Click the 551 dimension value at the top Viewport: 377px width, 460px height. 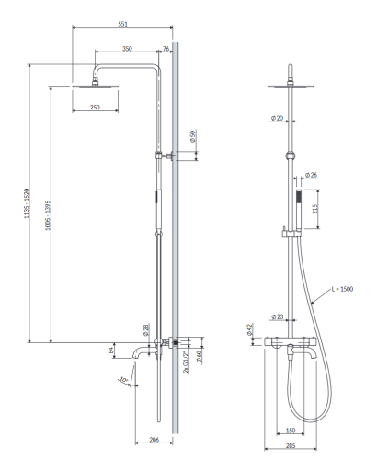[x=122, y=24]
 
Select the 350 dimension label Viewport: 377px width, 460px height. [x=127, y=49]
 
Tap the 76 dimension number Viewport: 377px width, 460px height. [x=166, y=49]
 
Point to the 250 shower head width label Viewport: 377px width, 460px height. [x=95, y=107]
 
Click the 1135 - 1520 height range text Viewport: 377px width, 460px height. [x=27, y=203]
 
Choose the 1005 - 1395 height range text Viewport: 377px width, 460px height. [x=48, y=215]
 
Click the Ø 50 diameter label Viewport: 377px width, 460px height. [x=192, y=136]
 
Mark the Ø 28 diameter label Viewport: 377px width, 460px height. [x=146, y=329]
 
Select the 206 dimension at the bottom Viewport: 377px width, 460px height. [x=154, y=440]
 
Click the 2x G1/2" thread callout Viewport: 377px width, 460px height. [x=186, y=362]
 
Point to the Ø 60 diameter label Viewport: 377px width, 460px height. [x=199, y=357]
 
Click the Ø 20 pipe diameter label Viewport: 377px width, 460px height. [x=277, y=118]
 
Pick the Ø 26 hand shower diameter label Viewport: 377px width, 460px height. [x=311, y=175]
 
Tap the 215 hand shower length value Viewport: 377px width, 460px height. [x=315, y=209]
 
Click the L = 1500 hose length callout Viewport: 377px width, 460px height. [x=342, y=289]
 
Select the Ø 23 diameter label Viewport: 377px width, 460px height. [x=278, y=316]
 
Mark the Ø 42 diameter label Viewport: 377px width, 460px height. [x=249, y=329]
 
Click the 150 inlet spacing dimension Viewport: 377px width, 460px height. [x=291, y=431]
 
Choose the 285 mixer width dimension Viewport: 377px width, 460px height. [x=291, y=445]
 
